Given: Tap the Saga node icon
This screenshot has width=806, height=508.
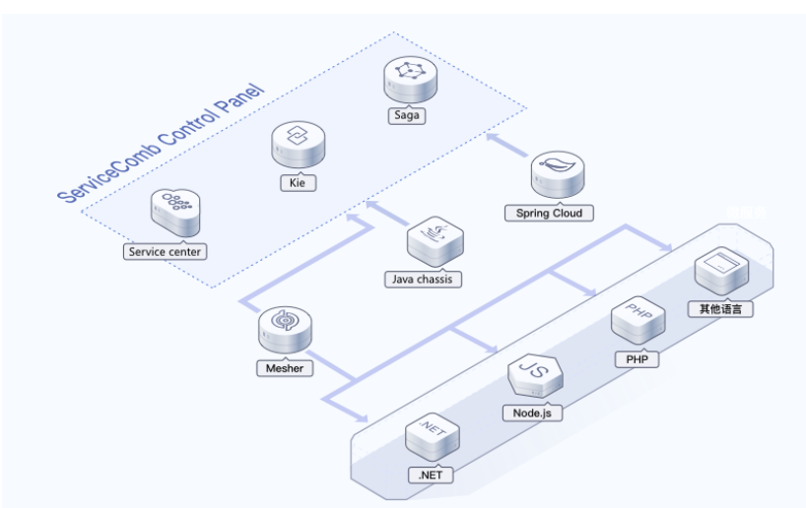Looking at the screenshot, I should (408, 80).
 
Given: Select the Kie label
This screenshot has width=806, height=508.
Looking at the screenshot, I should (296, 183).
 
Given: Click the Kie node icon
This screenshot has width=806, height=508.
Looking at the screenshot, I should (297, 146).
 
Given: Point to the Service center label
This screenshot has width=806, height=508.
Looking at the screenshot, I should (165, 251).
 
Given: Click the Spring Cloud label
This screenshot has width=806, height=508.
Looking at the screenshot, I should (549, 213).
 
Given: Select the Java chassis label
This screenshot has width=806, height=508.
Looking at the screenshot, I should (423, 279).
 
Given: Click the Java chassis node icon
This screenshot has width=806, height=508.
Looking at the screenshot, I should (436, 241).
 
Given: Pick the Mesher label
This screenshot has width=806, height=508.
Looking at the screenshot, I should (284, 368).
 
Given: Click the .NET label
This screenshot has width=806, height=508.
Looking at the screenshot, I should (431, 475).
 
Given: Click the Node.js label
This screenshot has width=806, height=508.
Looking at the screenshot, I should (532, 413).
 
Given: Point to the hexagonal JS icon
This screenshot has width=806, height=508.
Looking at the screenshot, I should (534, 376).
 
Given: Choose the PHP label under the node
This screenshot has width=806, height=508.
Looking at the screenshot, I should (635, 359).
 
